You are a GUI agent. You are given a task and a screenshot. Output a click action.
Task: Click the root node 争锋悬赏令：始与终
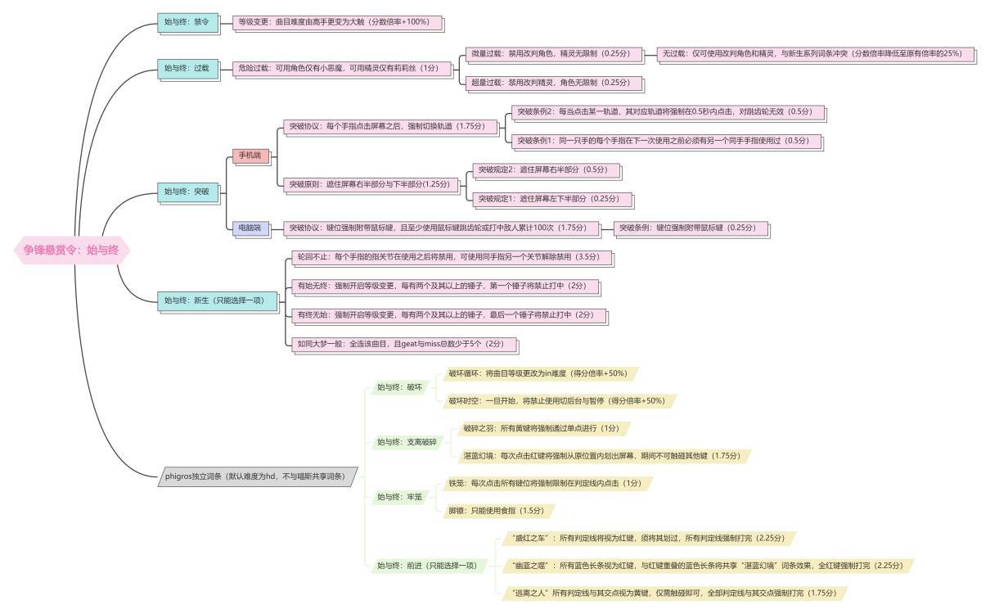72,251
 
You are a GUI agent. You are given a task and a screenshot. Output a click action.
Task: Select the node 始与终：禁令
187,22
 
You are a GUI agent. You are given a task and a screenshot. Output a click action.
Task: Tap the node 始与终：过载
187,68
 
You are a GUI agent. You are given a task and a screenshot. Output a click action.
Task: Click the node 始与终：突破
187,192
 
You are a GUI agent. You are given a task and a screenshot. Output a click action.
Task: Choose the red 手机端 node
250,156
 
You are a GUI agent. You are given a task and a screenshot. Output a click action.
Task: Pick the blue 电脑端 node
250,228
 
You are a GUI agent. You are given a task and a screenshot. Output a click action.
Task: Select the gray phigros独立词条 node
257,476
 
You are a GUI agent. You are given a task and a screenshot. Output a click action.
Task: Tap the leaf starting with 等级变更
338,22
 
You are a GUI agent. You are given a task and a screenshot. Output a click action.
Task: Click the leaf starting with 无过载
815,54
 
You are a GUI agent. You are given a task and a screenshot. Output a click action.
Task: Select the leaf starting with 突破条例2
664,111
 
